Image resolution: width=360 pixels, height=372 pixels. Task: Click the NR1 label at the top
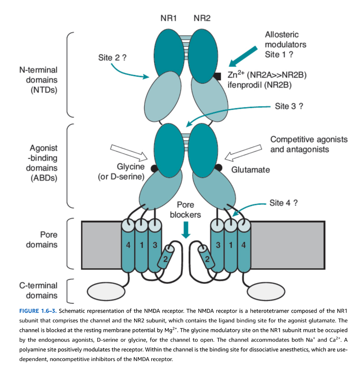pos(169,18)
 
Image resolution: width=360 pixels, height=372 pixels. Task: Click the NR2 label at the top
pos(202,18)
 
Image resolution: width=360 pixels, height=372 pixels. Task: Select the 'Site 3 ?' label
pos(289,106)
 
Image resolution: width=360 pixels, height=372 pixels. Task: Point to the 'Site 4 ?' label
pos(283,203)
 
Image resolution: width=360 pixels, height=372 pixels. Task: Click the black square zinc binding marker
pos(217,76)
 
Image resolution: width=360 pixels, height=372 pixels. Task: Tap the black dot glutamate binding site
pos(218,167)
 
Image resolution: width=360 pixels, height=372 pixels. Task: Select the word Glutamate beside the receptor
pos(250,170)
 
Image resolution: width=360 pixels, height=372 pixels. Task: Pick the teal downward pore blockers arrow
pos(186,230)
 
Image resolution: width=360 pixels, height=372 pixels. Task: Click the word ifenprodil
pos(245,85)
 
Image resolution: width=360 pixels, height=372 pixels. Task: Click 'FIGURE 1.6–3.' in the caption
pos(38,311)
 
